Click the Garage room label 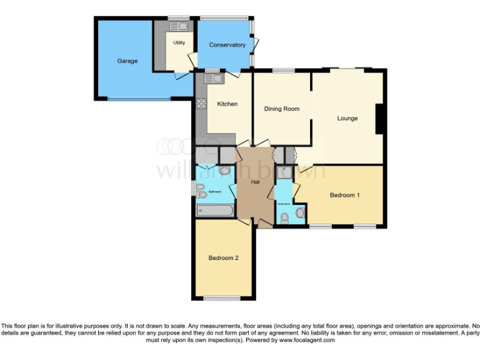pyautogui.click(x=127, y=61)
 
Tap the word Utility pyautogui.click(x=179, y=43)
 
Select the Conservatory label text pyautogui.click(x=227, y=45)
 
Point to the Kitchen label pyautogui.click(x=227, y=104)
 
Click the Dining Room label pyautogui.click(x=281, y=109)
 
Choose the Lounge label pyautogui.click(x=347, y=118)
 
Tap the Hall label pyautogui.click(x=255, y=182)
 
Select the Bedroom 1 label pyautogui.click(x=344, y=196)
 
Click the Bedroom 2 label pyautogui.click(x=224, y=258)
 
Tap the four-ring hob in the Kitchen pyautogui.click(x=202, y=104)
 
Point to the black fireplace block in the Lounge pyautogui.click(x=379, y=119)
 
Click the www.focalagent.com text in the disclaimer pyautogui.click(x=307, y=340)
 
